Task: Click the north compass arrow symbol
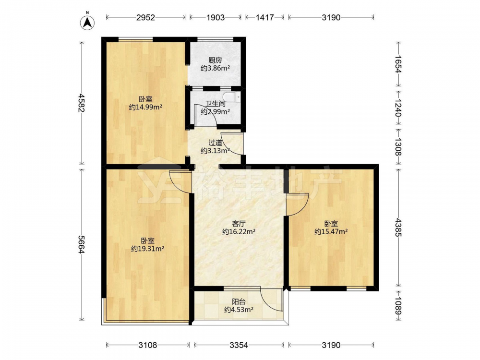[x=87, y=22]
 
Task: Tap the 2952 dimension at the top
[x=146, y=17]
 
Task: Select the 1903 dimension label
[x=215, y=17]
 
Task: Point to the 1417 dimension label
[x=264, y=17]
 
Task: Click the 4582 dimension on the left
[x=82, y=103]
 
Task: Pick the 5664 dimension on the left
[x=82, y=244]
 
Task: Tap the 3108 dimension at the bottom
[x=147, y=345]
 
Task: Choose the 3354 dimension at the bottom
[x=239, y=345]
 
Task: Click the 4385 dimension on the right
[x=398, y=227]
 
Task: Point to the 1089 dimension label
[x=398, y=306]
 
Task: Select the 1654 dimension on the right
[x=398, y=64]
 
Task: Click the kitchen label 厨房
[x=215, y=60]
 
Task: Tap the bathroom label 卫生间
[x=215, y=104]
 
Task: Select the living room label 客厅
[x=239, y=224]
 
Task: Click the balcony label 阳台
[x=239, y=301]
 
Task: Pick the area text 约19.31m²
[x=147, y=249]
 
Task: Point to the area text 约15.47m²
[x=331, y=232]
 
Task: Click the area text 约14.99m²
[x=145, y=107]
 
